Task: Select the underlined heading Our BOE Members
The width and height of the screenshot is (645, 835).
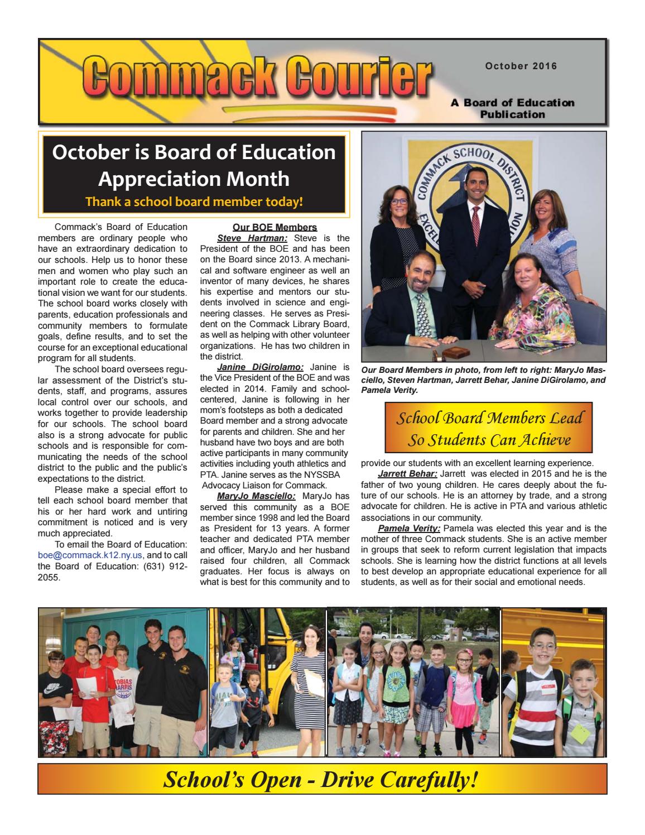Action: click(275, 227)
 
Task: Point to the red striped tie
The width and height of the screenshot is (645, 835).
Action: click(476, 229)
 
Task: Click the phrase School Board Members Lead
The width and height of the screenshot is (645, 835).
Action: click(488, 418)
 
